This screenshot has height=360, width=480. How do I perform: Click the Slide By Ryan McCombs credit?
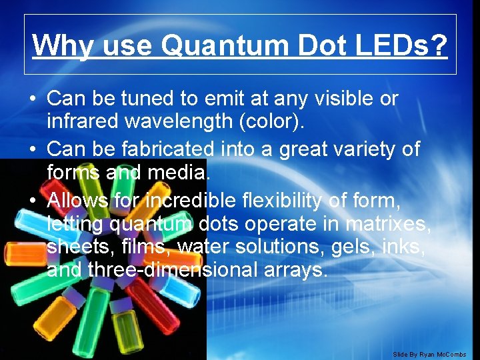pyautogui.click(x=429, y=354)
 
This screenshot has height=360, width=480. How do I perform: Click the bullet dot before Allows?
pyautogui.click(x=32, y=199)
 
